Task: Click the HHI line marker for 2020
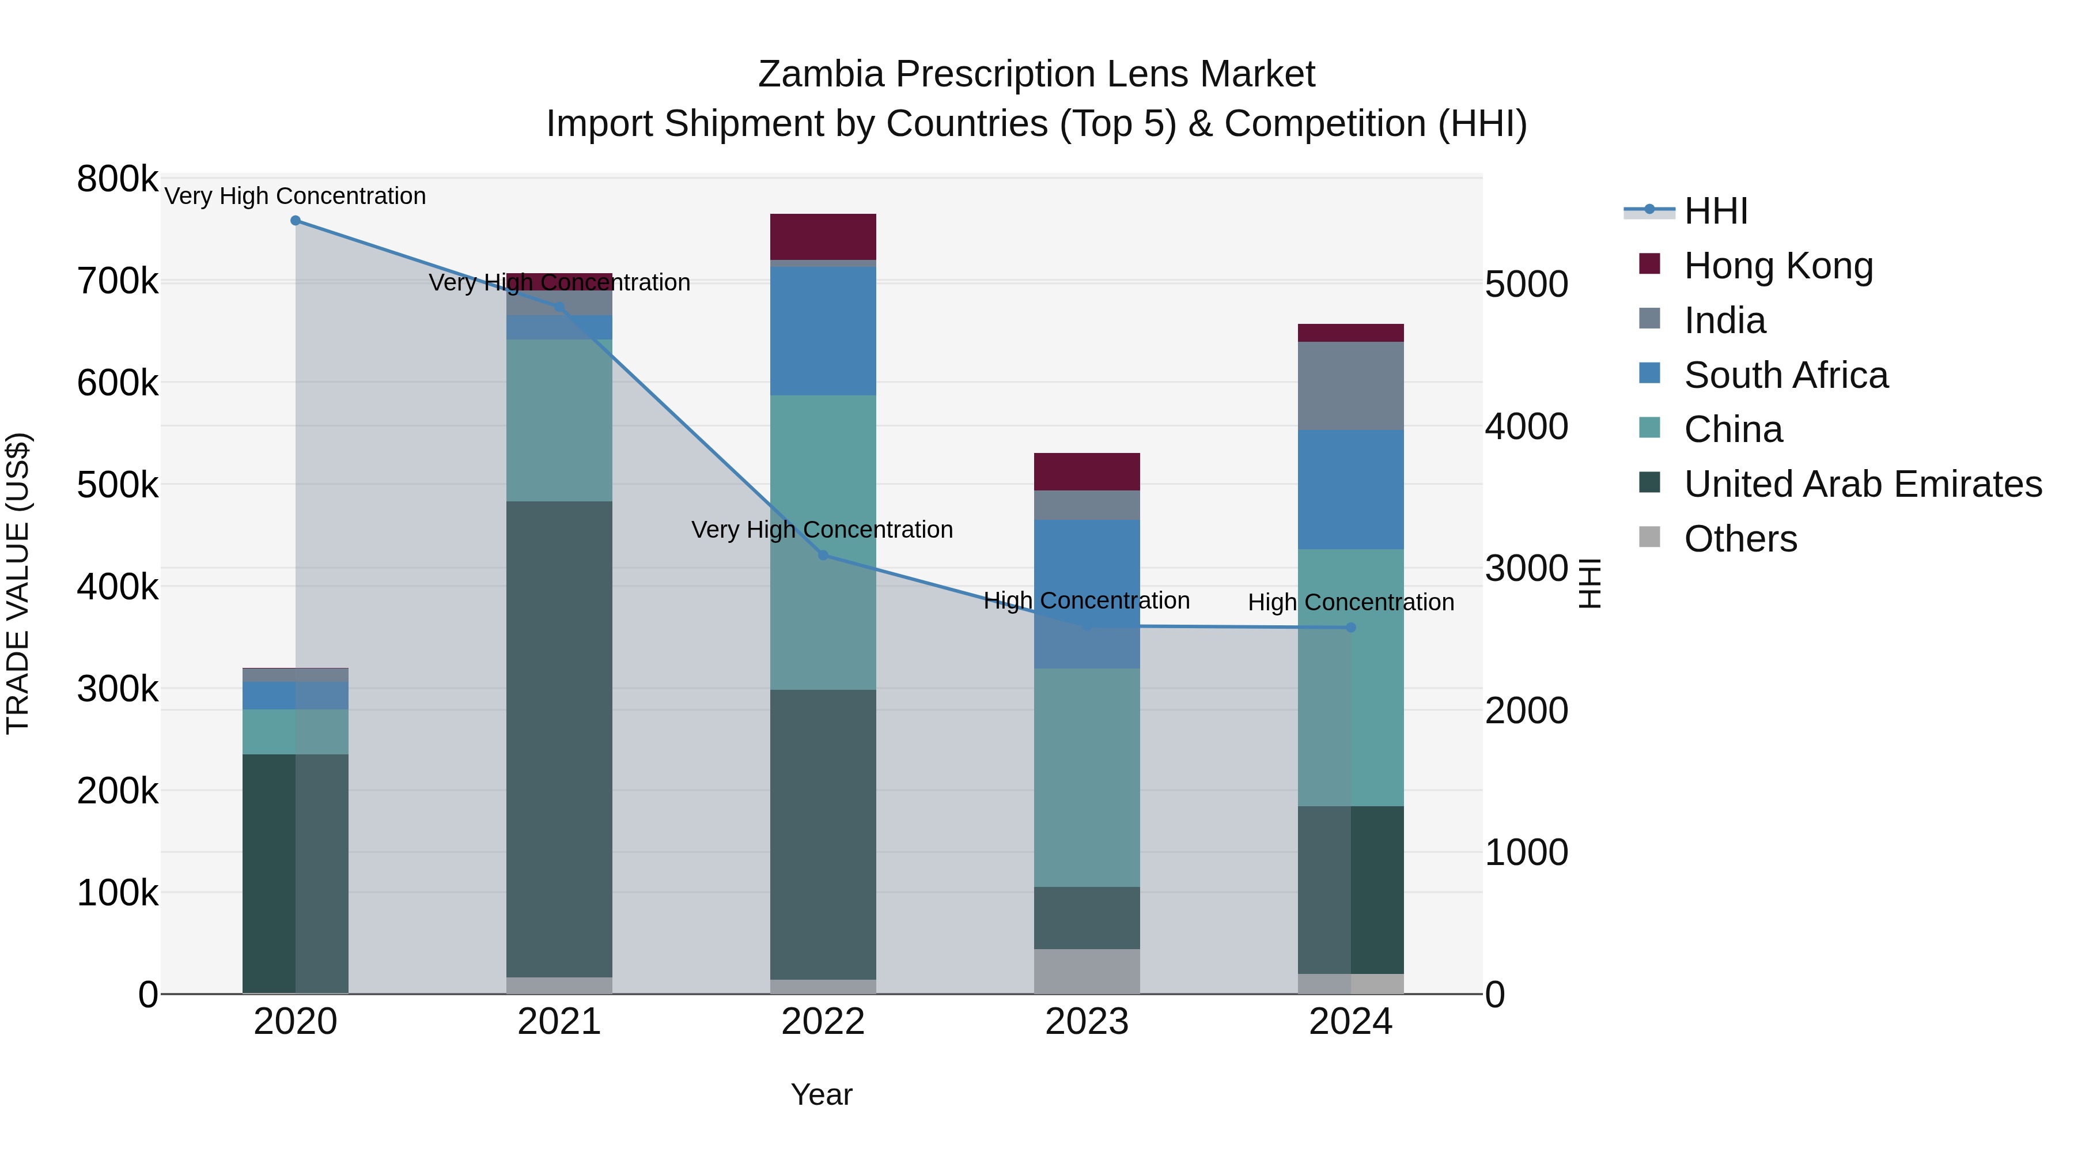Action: (296, 221)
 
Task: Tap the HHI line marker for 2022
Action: (823, 555)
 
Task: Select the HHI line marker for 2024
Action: (1351, 628)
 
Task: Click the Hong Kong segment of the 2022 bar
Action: (823, 237)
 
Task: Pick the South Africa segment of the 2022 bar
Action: (823, 331)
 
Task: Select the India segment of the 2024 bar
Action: (1351, 386)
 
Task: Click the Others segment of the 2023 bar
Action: (1087, 971)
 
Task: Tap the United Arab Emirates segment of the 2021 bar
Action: (559, 739)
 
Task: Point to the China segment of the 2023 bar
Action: (1087, 777)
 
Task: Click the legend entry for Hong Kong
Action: (1778, 266)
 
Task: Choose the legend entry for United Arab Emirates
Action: (1862, 484)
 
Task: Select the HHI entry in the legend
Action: (1715, 211)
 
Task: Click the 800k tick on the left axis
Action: (118, 179)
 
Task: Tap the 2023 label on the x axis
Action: (1087, 1022)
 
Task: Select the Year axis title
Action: (821, 1094)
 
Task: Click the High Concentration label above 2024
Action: (1351, 602)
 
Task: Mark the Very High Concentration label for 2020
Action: (296, 197)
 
